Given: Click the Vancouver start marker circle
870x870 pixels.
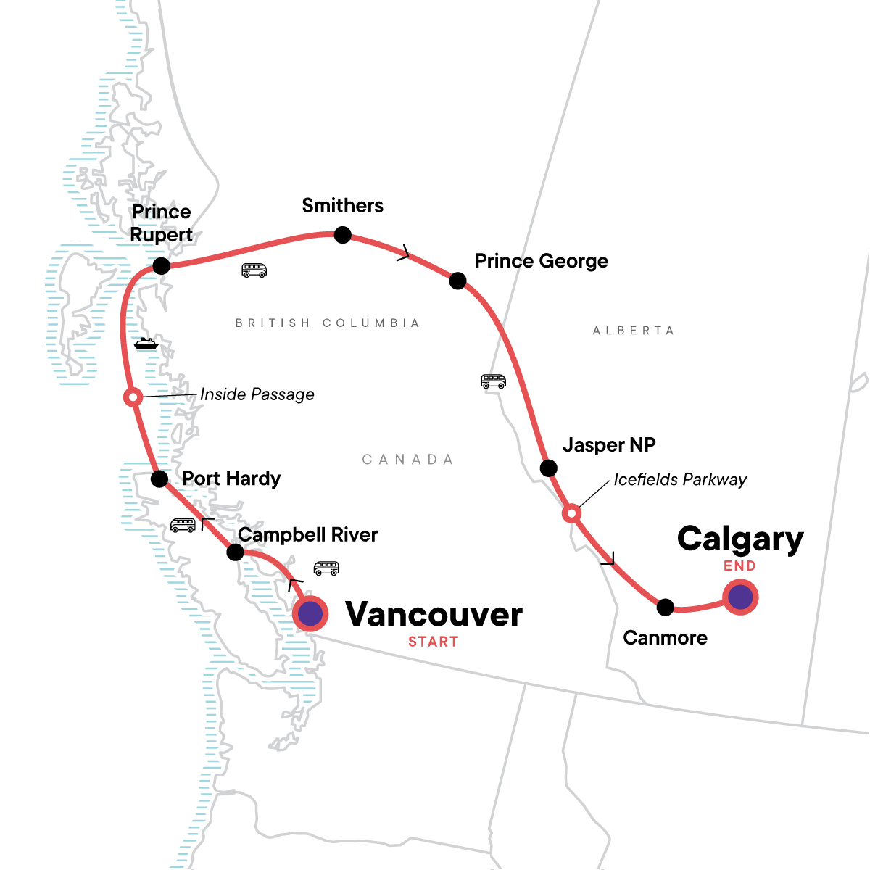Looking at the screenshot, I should coord(310,614).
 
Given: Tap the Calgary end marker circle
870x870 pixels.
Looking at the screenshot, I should coord(740,597).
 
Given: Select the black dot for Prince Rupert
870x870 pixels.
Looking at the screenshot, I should coord(161,266).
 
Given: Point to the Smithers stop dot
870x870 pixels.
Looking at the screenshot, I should coord(342,235).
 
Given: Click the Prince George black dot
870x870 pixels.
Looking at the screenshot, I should coord(457,281).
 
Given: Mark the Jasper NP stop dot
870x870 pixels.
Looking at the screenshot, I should coord(549,468).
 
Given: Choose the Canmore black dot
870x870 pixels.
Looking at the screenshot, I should coord(665,607).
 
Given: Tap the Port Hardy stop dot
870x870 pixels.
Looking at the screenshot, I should coord(159,478).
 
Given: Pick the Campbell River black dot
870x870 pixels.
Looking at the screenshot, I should coord(235,552).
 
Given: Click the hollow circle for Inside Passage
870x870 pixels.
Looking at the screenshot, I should coord(133,397).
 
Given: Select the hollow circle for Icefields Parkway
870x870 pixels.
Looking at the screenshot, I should coord(571,514).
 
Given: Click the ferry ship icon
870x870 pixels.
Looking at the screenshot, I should coord(146,344).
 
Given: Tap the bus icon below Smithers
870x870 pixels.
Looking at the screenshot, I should coord(254,270).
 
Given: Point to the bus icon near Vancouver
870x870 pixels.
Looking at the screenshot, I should coord(326,568).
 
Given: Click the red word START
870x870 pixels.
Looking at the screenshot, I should coord(433,642).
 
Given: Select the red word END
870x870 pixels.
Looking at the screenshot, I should coord(739,566).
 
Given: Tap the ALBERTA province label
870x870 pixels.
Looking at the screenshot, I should coord(634,331).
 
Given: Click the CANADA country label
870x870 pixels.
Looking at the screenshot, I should coord(407,460).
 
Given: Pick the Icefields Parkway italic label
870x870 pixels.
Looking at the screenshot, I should coord(680,479).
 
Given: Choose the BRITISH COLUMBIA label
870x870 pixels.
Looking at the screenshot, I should coord(328,323).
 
